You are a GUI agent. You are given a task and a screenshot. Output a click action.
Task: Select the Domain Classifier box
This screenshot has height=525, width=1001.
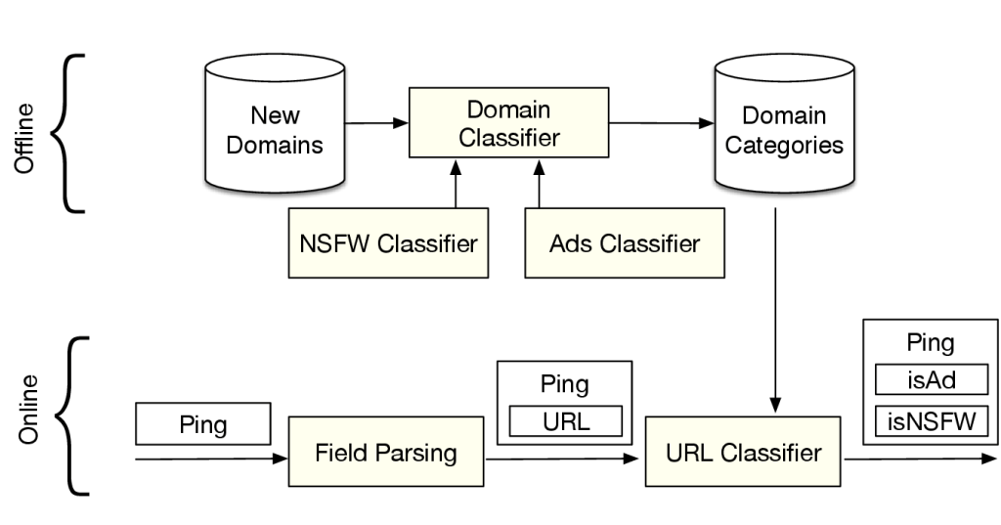point(508,122)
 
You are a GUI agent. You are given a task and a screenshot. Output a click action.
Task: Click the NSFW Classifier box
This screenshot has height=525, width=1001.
point(388,242)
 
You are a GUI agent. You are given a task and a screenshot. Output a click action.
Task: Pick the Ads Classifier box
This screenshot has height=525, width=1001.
point(625,242)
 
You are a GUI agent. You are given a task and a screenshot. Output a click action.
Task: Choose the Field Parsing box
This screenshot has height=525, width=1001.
point(385,452)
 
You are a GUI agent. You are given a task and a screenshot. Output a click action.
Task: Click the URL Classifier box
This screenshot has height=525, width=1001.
point(743,452)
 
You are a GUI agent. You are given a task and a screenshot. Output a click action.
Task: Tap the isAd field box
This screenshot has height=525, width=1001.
point(932,380)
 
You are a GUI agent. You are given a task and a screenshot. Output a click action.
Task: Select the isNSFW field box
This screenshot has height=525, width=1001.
point(932,421)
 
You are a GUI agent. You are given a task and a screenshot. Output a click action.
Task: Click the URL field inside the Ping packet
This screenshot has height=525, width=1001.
point(566,421)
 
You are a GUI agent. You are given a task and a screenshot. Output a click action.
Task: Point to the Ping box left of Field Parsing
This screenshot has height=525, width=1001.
point(203,423)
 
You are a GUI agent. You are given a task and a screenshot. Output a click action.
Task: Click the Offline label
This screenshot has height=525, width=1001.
point(24,138)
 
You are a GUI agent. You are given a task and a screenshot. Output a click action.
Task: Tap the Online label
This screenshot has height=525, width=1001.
point(28,410)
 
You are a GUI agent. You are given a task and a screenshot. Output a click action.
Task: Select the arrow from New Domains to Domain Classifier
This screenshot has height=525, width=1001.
point(376,122)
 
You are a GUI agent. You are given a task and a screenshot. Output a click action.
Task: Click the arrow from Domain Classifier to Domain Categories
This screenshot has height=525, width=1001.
point(662,122)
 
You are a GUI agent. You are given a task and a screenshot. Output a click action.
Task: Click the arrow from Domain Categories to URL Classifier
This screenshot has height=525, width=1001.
point(775,310)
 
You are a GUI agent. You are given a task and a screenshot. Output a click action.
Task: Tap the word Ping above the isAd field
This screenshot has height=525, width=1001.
point(931,342)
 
